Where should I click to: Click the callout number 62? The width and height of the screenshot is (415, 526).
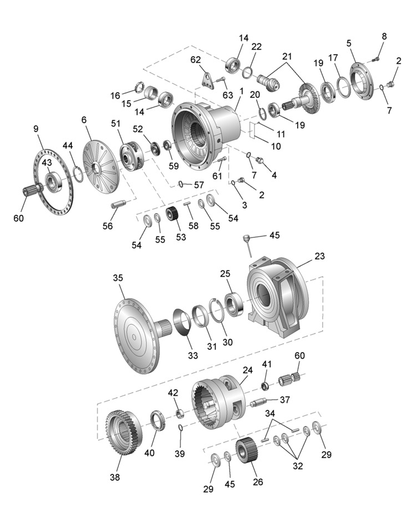pos(195,60)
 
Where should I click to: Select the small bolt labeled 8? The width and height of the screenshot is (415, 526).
pos(376,60)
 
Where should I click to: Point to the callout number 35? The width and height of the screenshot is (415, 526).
pos(118,278)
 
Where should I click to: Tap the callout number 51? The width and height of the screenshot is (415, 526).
pos(116,123)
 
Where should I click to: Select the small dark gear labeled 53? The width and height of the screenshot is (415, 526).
pos(172,214)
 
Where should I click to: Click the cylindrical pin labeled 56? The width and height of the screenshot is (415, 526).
pos(118,204)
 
